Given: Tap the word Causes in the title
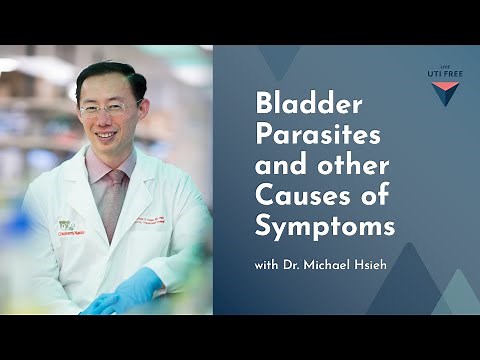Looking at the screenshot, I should (x=293, y=195).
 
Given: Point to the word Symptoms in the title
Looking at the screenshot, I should (x=325, y=227).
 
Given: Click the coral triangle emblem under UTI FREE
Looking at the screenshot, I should (x=444, y=94).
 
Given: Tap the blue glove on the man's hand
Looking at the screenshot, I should (x=130, y=294).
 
